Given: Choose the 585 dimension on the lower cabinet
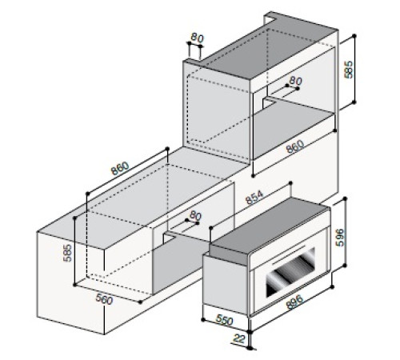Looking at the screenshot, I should (70, 254).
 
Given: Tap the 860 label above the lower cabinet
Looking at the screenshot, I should (118, 170).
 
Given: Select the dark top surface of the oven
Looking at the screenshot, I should (264, 228).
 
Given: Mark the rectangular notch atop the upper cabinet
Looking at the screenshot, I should (194, 54).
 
